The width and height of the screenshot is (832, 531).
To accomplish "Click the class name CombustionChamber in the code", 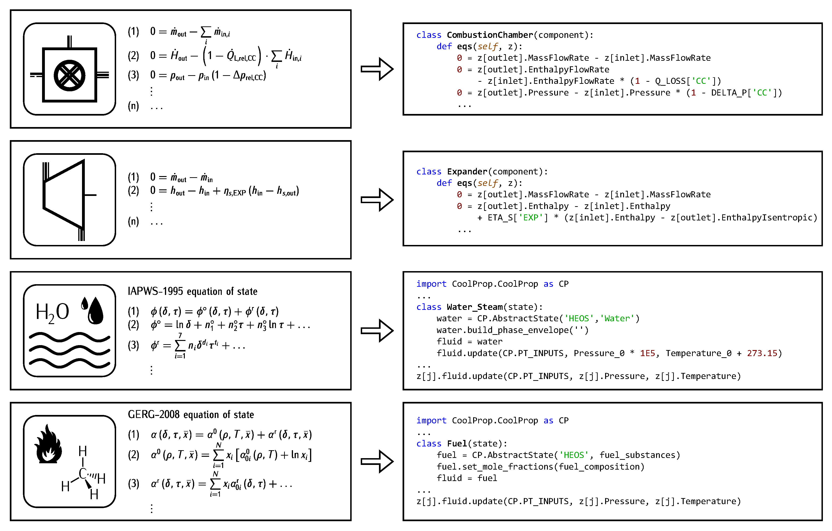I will click(x=489, y=35).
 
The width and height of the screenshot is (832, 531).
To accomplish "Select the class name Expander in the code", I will click(x=467, y=172).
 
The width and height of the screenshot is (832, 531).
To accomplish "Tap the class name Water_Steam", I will click(x=474, y=307).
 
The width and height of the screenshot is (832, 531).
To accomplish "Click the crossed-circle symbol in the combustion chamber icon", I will click(x=69, y=76).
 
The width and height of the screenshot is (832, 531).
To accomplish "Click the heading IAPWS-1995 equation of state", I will click(x=193, y=291).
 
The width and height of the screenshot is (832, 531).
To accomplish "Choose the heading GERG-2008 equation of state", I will click(x=191, y=415).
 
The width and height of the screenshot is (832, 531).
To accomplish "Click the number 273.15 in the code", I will click(x=762, y=353).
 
